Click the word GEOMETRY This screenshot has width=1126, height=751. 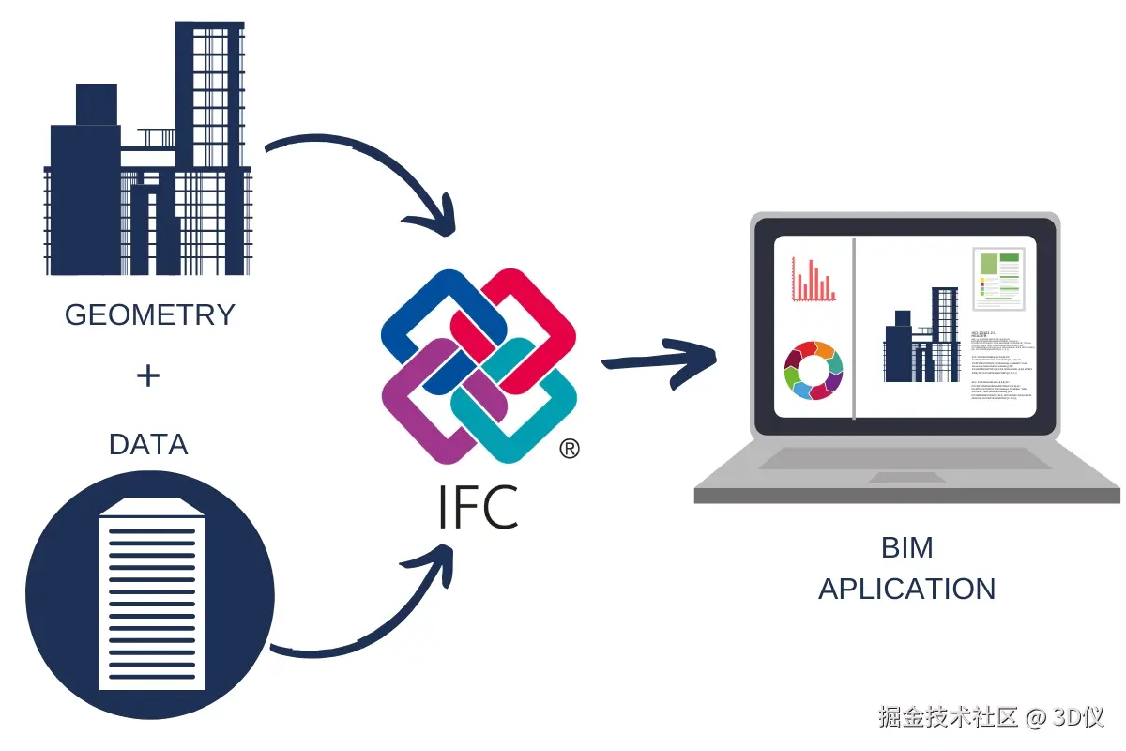pos(149,314)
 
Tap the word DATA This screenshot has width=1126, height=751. pos(148,444)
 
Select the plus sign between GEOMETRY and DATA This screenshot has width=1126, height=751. pos(148,377)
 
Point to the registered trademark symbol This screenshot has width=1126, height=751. pos(569,450)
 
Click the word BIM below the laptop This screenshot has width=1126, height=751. pos(906,547)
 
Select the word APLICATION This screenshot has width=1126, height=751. pos(906,589)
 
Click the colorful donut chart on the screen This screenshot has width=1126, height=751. pos(814,370)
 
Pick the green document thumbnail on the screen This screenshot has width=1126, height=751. pos(997,279)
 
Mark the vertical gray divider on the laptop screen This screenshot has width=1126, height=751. pos(854,329)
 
